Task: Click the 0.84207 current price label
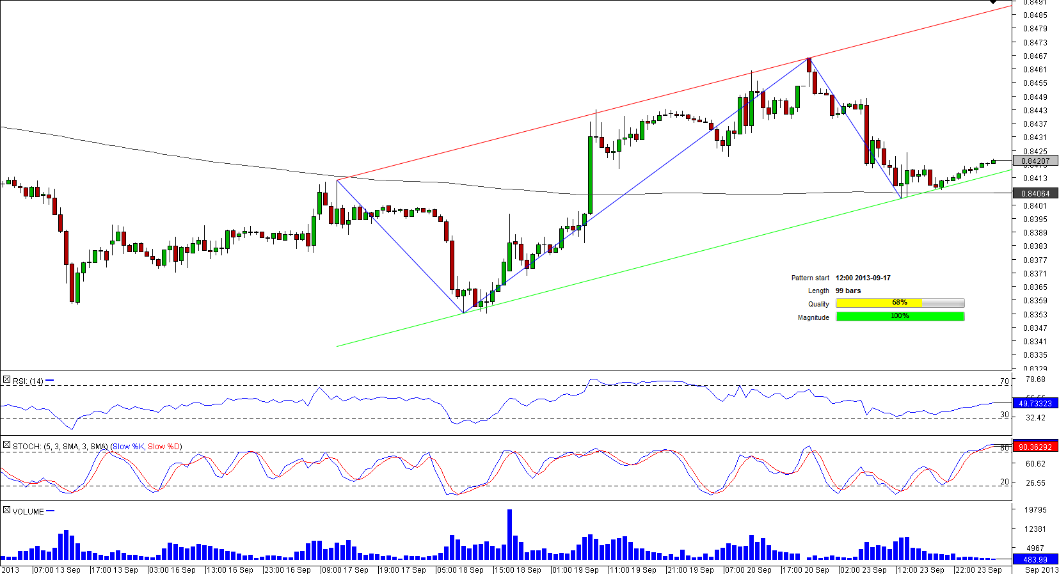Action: tap(1035, 161)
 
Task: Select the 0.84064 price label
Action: tap(1035, 193)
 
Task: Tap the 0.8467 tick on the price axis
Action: tap(1035, 56)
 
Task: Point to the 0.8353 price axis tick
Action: tap(1035, 315)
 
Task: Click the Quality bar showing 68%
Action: tap(899, 303)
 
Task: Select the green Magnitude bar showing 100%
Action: tap(899, 316)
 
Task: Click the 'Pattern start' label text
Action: tap(809, 278)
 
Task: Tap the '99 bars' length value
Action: tap(848, 291)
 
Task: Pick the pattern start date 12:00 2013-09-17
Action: tap(863, 278)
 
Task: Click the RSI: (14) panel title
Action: tap(28, 381)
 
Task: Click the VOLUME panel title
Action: tap(28, 512)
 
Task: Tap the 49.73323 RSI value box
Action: tap(1035, 403)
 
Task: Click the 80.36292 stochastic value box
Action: tap(1035, 447)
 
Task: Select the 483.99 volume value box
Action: tap(1035, 560)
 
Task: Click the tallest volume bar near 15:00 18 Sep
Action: tap(509, 534)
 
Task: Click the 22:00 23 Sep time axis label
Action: tap(979, 570)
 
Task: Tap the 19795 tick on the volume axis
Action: tap(1035, 510)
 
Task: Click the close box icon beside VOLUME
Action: tap(6, 510)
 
